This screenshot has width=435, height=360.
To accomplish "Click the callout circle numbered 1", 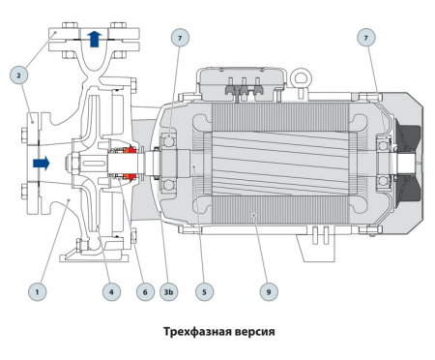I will point(37,288).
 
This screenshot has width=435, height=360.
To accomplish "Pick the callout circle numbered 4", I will point(113,288).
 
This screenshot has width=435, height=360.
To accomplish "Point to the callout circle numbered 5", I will point(204,288).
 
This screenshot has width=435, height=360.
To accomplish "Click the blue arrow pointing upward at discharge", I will point(93,39).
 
